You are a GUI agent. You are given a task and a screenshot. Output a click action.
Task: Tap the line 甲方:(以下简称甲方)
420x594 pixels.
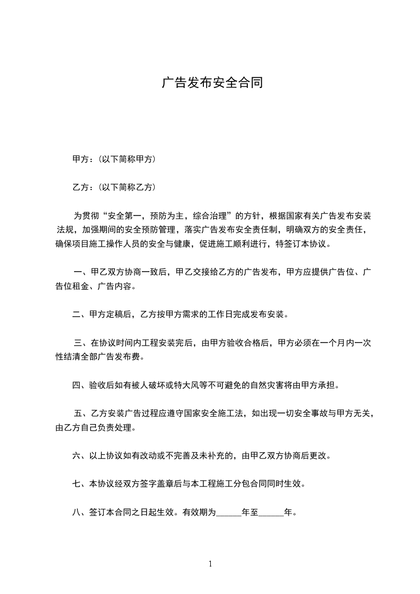[x=113, y=159]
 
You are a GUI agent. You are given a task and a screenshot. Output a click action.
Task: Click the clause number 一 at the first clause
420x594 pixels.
[x=78, y=272]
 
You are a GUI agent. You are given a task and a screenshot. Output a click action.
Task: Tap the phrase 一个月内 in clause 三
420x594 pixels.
[x=341, y=343]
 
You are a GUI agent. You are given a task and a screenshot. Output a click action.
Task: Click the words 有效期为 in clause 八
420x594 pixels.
[x=200, y=512]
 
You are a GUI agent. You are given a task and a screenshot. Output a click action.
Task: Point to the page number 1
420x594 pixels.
[x=210, y=564]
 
